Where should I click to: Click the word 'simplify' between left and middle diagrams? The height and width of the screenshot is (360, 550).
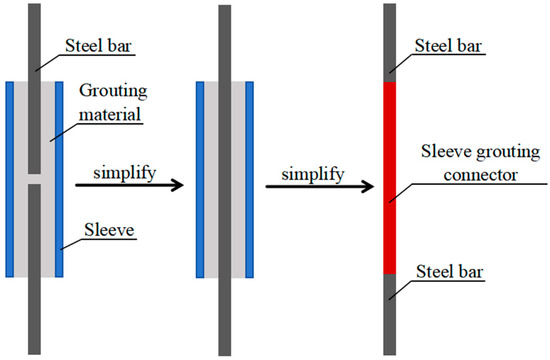[123, 171]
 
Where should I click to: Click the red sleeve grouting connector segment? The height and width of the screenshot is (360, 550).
[391, 177]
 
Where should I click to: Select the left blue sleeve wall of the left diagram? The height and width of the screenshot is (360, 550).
[10, 178]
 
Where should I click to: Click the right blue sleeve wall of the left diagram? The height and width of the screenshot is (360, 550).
[60, 178]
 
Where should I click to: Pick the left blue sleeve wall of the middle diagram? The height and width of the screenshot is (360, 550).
[200, 178]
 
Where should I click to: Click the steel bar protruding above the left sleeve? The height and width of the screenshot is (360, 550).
[35, 40]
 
